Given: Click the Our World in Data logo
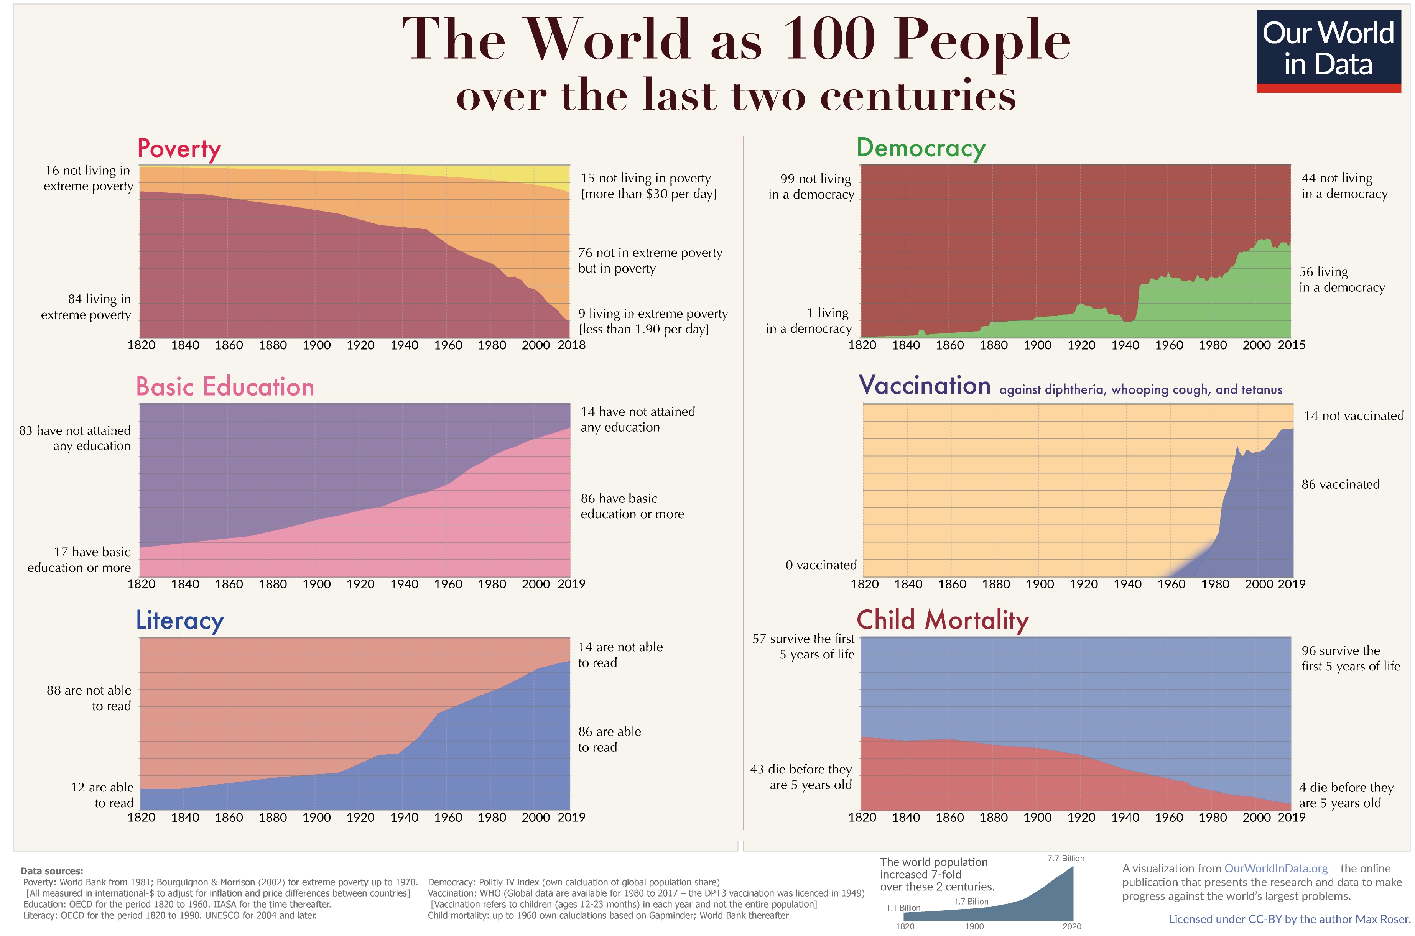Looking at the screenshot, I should point(1328,50).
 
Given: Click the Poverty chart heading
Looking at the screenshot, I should point(179,149).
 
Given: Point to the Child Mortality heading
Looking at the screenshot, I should point(942,620).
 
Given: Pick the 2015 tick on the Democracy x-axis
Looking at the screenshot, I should point(1291,345).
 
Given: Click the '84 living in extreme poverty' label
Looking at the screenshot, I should point(86,307).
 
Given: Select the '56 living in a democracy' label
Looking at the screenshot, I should point(1341,279).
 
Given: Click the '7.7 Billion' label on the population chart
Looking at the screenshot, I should point(1065,859).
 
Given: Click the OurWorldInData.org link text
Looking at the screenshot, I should point(1275,869).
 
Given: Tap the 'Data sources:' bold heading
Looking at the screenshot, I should point(51,871).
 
